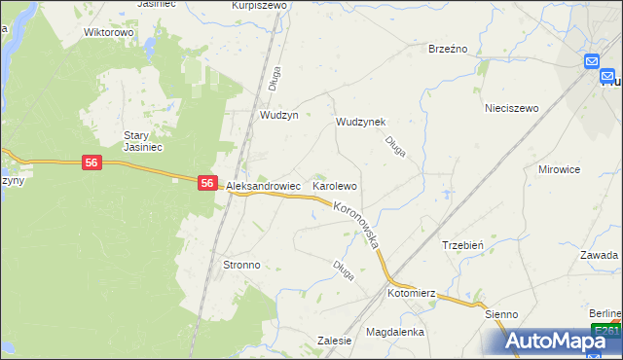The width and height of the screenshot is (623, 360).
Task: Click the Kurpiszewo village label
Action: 259,5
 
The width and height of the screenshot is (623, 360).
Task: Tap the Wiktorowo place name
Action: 108,32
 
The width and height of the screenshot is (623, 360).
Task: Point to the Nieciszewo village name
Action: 511,109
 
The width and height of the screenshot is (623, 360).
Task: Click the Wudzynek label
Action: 361,122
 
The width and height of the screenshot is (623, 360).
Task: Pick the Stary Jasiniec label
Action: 141,142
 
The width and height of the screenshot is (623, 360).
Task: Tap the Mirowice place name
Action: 559,169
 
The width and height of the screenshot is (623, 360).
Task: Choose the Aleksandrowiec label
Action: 263,185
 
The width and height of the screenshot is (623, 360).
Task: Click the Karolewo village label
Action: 335,185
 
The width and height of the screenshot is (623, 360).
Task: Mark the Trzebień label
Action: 463,246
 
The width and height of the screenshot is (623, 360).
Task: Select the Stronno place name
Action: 241,265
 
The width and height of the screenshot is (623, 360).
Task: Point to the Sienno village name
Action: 502,314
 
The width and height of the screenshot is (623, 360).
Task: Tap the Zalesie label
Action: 334,341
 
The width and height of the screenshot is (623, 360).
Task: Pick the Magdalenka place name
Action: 395,332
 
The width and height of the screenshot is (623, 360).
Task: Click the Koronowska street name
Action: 356,224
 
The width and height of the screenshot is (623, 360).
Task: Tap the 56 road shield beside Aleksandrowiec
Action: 207,182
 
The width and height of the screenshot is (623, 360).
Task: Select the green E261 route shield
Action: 607,332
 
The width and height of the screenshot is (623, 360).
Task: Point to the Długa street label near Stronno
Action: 342,269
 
